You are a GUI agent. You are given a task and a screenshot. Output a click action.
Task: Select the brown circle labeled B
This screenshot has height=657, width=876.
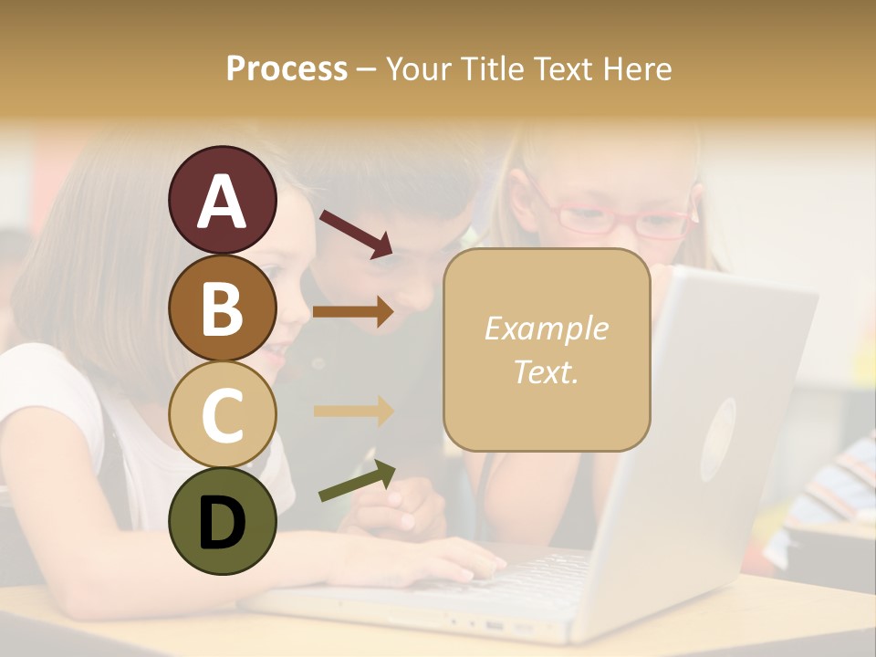[222, 308]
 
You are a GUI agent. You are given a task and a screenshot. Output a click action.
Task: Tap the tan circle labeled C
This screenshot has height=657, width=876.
[222, 414]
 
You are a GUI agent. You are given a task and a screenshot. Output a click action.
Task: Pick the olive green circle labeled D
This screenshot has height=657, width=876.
[222, 521]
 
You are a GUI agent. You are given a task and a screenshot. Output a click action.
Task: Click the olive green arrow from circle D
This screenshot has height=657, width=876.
[357, 482]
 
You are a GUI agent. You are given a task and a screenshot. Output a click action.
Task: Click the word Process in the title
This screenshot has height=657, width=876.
[287, 68]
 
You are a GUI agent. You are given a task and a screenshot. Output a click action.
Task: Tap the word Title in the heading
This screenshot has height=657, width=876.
[492, 68]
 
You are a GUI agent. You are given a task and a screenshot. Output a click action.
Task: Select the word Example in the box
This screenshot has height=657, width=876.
[546, 328]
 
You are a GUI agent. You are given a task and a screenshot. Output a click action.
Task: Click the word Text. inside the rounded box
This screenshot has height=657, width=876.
[546, 371]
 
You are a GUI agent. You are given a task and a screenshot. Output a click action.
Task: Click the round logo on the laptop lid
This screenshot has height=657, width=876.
[718, 439]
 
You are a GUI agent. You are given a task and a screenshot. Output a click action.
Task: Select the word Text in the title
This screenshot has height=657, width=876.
[565, 68]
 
